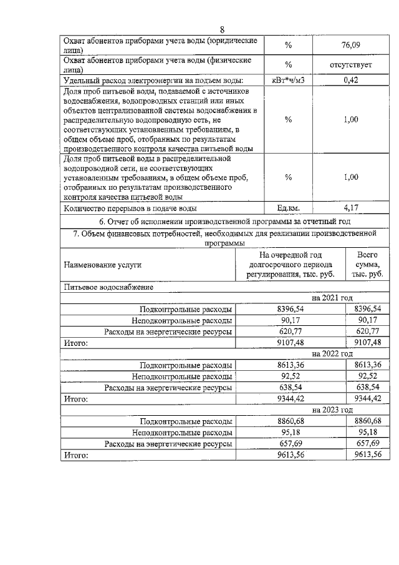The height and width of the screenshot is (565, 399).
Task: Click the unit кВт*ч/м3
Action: [288, 81]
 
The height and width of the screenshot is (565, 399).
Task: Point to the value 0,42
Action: [351, 81]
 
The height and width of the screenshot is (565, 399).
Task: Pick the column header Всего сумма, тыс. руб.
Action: [367, 265]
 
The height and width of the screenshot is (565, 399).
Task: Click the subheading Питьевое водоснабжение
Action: [108, 287]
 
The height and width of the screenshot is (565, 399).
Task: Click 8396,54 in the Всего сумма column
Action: [367, 309]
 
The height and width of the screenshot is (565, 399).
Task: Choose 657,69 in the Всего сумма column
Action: [367, 443]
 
